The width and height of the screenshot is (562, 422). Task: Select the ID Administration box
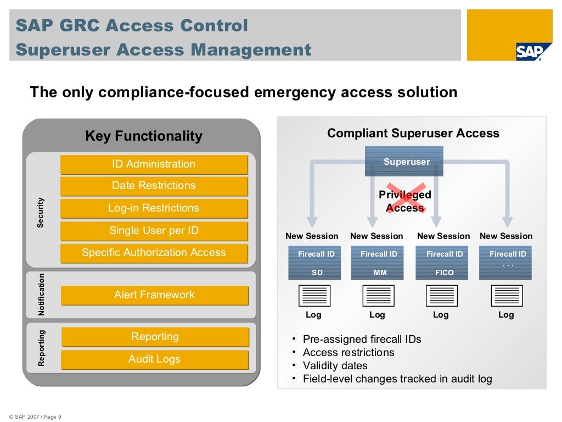[x=154, y=164]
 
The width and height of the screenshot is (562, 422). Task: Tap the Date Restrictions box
[x=154, y=186]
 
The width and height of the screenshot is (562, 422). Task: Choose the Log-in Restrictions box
[x=154, y=208]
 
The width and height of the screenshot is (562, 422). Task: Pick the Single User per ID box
[x=154, y=231]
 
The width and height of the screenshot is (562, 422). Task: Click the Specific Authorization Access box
[x=154, y=253]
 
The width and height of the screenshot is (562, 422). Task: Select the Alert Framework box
[x=154, y=295]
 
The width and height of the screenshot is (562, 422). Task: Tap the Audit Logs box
[x=154, y=359]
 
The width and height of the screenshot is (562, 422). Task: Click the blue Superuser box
[x=404, y=161]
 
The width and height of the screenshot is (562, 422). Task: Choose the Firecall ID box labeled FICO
[x=445, y=263]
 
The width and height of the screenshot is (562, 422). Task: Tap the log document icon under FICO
[x=441, y=296]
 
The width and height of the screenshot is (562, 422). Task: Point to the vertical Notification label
[x=41, y=295]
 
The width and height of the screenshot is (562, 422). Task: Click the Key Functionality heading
[x=144, y=136]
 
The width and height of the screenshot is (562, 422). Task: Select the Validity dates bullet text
[x=335, y=365]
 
